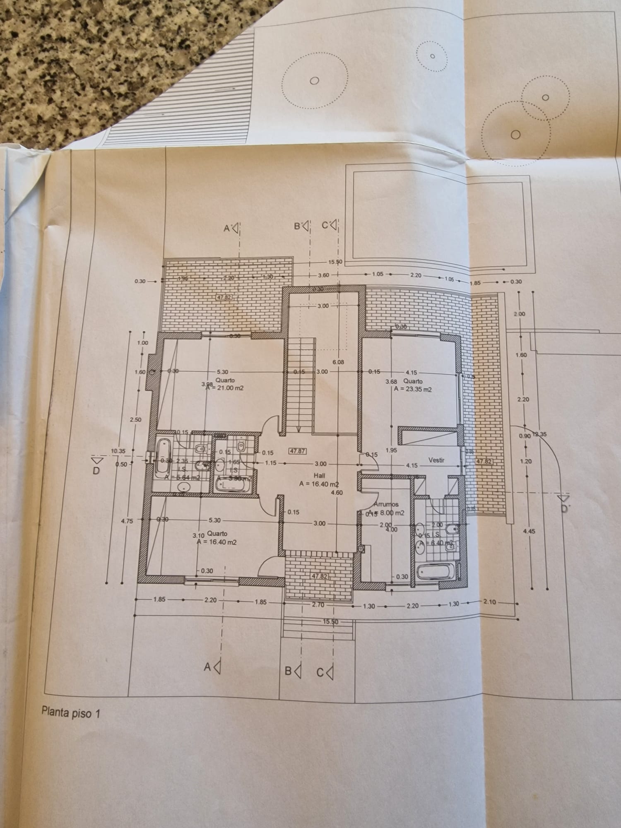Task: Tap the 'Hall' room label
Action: click(x=319, y=476)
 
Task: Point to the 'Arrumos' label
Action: click(x=386, y=504)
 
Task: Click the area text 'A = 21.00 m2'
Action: click(x=225, y=388)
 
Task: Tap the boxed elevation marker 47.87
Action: click(x=297, y=451)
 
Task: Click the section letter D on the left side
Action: click(x=96, y=471)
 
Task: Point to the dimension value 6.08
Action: click(x=338, y=362)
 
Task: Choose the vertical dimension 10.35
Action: click(x=118, y=451)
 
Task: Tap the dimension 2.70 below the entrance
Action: click(x=318, y=605)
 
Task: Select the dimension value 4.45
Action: click(x=529, y=531)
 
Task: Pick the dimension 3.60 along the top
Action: click(x=323, y=275)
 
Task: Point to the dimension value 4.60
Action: click(x=337, y=493)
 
